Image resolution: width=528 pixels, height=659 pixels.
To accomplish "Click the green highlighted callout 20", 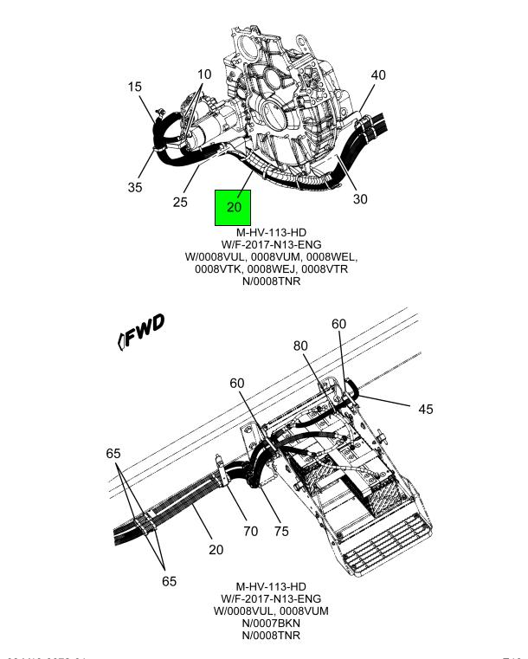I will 233,208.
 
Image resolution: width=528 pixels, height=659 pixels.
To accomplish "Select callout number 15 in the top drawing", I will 135,87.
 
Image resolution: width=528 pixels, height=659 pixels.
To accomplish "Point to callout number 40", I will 378,75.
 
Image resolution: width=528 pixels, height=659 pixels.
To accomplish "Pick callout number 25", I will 180,203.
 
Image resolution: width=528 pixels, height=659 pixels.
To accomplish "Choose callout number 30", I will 360,199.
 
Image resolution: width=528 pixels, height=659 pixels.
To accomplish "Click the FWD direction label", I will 142,332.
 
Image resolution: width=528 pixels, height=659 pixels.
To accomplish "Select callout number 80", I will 300,346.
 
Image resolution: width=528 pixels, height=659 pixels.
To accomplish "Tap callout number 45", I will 425,409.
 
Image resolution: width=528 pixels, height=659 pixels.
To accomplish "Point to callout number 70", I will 250,531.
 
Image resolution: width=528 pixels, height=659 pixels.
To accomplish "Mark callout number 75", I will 280,531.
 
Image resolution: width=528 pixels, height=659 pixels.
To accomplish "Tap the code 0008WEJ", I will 281,270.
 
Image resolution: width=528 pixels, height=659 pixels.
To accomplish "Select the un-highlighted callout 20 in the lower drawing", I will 216,550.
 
